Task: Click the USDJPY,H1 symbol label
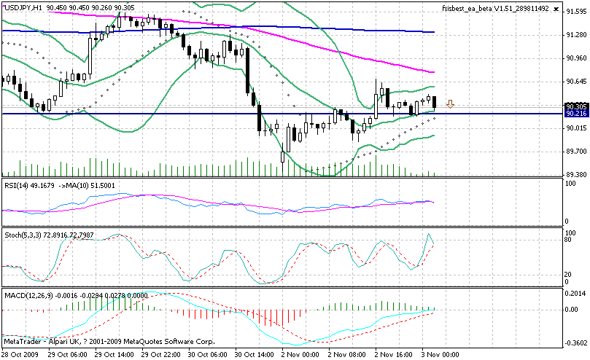(23, 8)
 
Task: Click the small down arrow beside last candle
(451, 104)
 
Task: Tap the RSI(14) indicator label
(16, 185)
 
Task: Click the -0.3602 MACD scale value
(575, 343)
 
